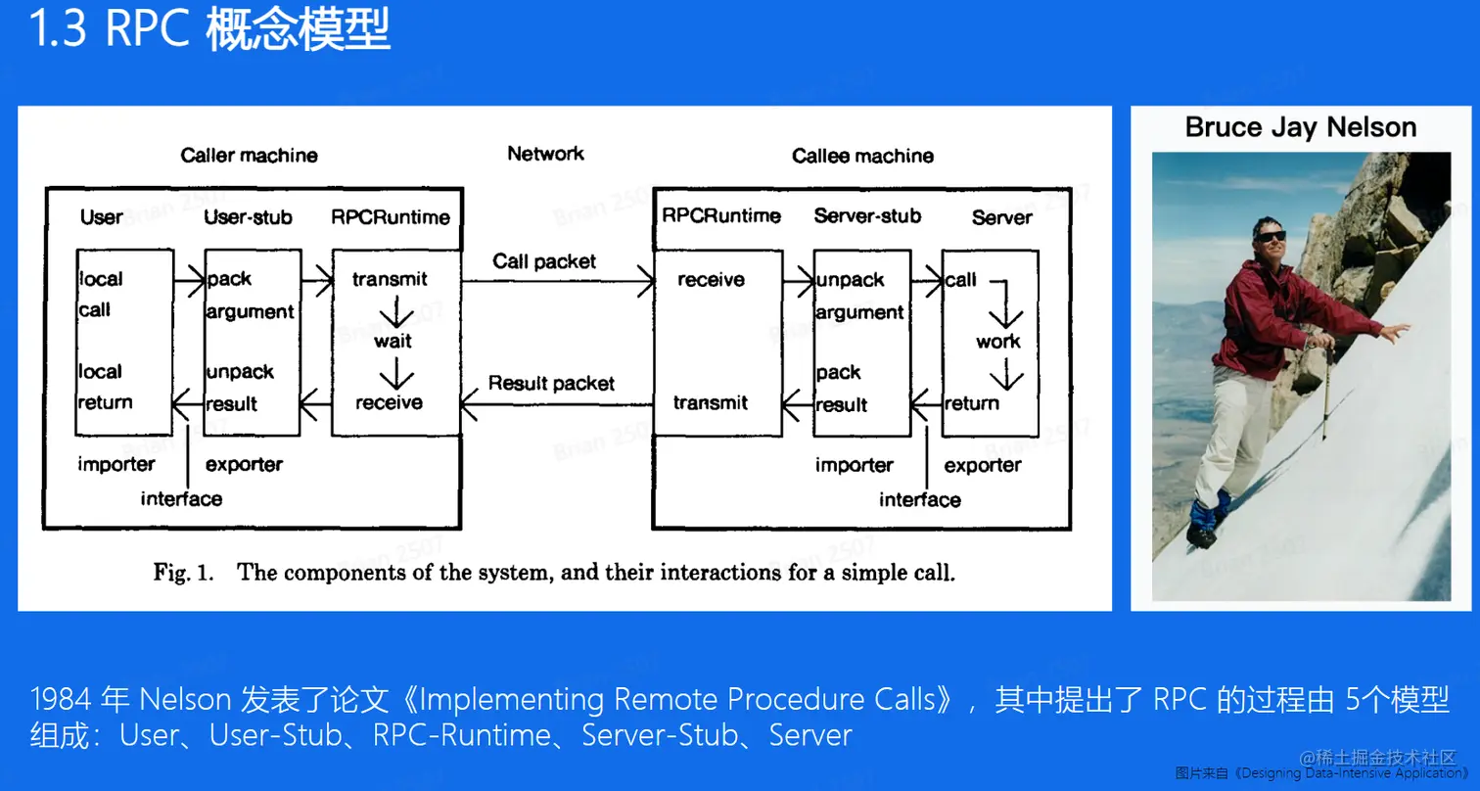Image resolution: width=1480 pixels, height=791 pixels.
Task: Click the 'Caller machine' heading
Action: pyautogui.click(x=249, y=156)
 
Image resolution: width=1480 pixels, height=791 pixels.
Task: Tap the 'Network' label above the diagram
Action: pyautogui.click(x=545, y=154)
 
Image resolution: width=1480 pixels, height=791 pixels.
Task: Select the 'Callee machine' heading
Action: pyautogui.click(x=862, y=156)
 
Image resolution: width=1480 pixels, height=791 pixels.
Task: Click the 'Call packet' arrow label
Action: pyautogui.click(x=544, y=261)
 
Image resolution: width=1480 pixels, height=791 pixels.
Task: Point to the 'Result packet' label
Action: pyautogui.click(x=551, y=384)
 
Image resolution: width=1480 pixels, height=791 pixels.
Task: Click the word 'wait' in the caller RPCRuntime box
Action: pyautogui.click(x=393, y=342)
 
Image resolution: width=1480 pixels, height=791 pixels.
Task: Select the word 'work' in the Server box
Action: pyautogui.click(x=997, y=342)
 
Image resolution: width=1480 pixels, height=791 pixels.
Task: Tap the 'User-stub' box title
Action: pyautogui.click(x=248, y=217)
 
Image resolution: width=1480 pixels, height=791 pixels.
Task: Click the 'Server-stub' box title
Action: pyautogui.click(x=867, y=216)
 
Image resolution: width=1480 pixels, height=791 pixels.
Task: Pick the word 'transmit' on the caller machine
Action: pyautogui.click(x=390, y=280)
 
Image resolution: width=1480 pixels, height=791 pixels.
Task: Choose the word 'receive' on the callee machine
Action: pyautogui.click(x=711, y=281)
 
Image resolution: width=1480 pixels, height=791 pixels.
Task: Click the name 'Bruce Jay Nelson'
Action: pyautogui.click(x=1300, y=127)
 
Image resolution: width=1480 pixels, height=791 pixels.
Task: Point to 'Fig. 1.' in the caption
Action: pyautogui.click(x=183, y=573)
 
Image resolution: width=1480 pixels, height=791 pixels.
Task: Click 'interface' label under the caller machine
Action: pyautogui.click(x=181, y=499)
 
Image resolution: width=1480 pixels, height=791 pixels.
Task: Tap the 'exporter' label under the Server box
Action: pyautogui.click(x=982, y=466)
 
